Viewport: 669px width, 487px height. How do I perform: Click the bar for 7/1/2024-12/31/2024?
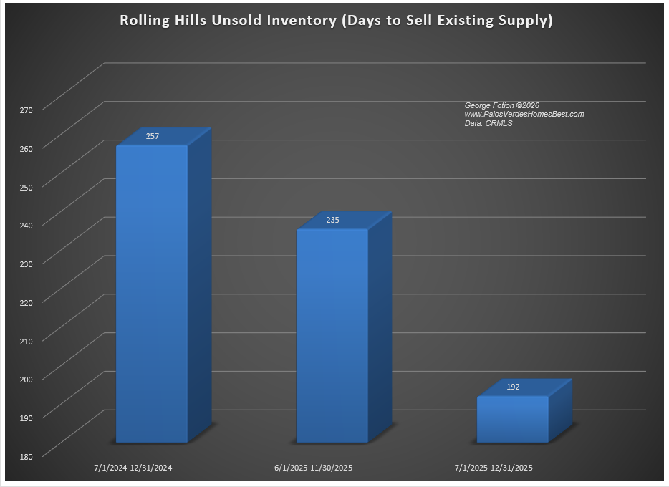152,294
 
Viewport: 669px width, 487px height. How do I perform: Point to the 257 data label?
152,136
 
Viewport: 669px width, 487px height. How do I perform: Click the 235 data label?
332,220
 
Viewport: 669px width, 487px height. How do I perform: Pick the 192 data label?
513,387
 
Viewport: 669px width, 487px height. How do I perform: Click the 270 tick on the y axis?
27,110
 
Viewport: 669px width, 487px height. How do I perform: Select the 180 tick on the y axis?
27,455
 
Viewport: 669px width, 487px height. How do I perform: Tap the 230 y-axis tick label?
27,264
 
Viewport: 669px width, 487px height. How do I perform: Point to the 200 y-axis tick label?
27,379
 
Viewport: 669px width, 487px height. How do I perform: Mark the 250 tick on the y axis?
27,186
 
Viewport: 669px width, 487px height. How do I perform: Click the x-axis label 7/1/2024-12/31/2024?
133,468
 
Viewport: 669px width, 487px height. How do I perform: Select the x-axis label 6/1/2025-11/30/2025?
314,468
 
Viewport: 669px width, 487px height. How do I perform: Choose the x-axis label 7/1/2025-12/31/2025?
494,468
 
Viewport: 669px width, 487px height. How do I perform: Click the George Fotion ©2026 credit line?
501,105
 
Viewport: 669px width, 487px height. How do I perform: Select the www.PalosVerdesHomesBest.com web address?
524,115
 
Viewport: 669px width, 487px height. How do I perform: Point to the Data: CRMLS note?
488,124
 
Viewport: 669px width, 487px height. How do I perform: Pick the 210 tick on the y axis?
27,340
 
